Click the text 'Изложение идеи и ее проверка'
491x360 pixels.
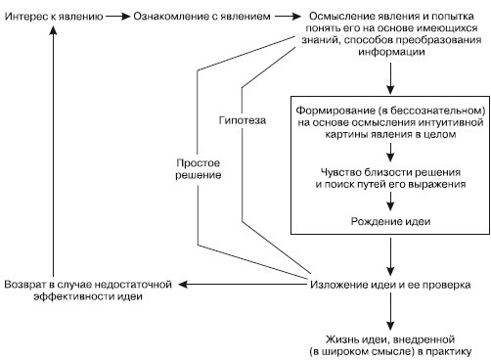(x=391, y=284)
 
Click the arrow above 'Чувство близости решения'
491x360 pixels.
(x=391, y=151)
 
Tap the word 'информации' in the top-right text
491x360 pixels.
(x=391, y=54)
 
